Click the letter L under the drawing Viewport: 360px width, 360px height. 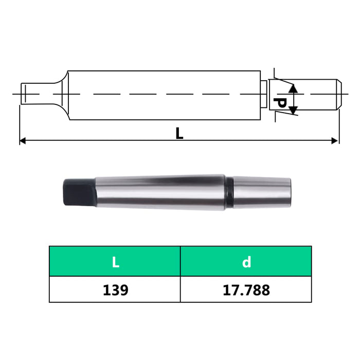(179, 133)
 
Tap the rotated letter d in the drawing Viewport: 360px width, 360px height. (280, 101)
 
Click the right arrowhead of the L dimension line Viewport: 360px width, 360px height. (335, 140)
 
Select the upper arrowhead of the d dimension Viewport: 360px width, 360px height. (293, 88)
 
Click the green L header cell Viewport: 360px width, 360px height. (115, 262)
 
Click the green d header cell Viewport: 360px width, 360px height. (246, 262)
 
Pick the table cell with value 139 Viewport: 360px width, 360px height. (115, 290)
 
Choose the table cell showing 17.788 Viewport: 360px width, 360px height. (246, 290)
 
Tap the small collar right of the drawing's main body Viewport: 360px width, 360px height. (263, 94)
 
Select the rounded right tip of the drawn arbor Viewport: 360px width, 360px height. (338, 94)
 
